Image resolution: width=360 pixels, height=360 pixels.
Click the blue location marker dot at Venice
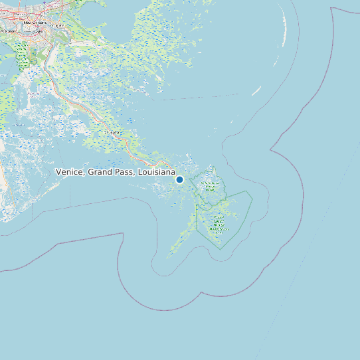coord(179,179)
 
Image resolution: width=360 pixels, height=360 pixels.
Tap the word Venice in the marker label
coord(69,172)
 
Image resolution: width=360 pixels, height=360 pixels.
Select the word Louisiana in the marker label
coord(155,172)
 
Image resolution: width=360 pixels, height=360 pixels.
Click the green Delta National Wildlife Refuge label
coord(211,185)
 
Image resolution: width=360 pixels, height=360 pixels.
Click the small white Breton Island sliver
coord(256,91)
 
